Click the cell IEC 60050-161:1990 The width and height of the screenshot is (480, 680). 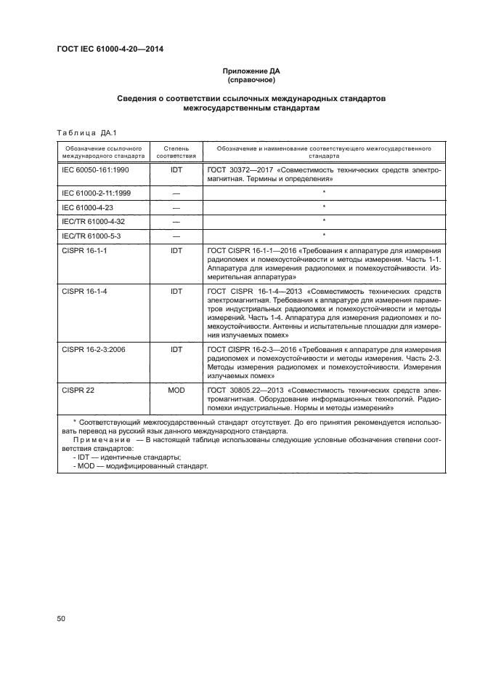tap(95, 169)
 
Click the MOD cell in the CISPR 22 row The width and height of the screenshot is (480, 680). tap(176, 390)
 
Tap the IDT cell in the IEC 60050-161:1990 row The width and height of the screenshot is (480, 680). tap(176, 169)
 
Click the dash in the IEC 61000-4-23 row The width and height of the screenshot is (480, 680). tap(176, 207)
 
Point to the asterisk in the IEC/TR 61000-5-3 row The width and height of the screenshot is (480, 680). tap(323, 235)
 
